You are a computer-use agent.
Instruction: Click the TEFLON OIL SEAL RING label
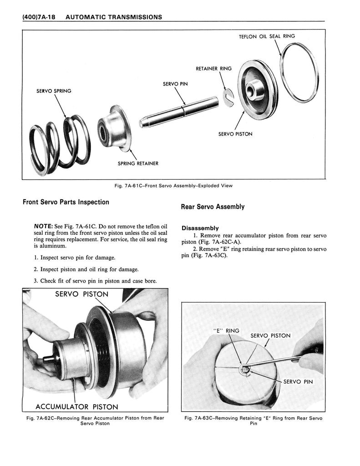(x=267, y=36)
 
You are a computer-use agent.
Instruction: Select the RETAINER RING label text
(x=213, y=69)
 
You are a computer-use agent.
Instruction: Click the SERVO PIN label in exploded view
(x=175, y=84)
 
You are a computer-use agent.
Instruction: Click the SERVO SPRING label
(x=53, y=91)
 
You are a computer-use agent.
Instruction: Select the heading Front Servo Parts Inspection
(x=66, y=202)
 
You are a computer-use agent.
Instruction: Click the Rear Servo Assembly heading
(x=213, y=207)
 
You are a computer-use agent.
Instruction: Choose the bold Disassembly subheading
(x=200, y=228)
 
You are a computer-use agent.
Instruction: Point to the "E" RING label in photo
(x=226, y=331)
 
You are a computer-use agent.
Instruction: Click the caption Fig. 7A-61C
(x=174, y=186)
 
